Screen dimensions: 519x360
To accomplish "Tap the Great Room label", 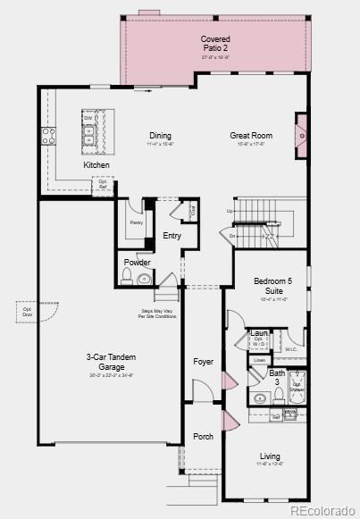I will point(251,136).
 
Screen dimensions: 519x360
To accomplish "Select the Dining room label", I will point(160,136).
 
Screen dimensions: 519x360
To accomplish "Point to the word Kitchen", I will point(96,165).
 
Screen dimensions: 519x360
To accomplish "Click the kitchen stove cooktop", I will point(47,136).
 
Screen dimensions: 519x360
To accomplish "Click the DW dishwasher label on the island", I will point(88,117).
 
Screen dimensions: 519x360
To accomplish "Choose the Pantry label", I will point(136,222).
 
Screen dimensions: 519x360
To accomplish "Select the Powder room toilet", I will point(126,280).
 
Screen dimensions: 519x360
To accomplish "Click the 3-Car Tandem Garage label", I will point(111,361).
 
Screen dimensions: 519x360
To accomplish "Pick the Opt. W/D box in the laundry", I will point(258,342).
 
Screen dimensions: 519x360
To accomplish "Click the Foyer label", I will point(204,361).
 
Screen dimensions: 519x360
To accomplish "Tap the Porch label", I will point(203,436).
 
